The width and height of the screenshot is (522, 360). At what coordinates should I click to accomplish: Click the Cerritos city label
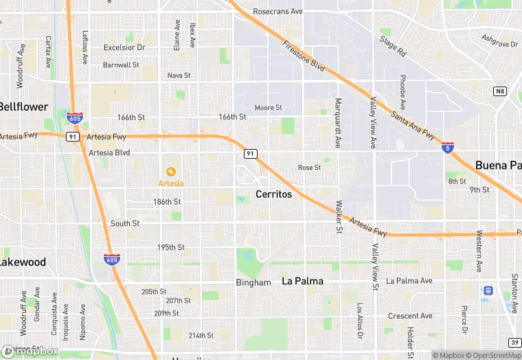(273, 194)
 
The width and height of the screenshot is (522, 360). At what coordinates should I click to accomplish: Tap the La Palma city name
(303, 281)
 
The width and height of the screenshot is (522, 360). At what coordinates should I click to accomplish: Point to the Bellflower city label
(24, 106)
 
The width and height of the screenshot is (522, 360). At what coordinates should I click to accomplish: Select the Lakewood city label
(23, 262)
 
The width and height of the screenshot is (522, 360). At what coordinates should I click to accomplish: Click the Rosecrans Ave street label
(277, 12)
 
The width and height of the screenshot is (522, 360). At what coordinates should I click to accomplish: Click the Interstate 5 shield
(447, 148)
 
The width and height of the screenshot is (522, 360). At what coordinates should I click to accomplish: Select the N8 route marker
(499, 91)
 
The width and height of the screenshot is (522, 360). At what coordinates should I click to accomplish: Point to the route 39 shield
(514, 342)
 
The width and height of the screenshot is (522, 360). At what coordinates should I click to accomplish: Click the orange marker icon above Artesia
(170, 171)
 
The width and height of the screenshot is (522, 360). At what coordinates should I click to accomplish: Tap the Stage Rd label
(394, 47)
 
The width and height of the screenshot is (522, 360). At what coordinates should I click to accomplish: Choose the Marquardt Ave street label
(337, 123)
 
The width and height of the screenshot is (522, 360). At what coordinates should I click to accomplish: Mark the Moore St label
(268, 108)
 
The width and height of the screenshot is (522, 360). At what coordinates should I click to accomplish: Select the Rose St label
(309, 168)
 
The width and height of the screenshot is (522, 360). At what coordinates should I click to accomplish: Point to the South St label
(125, 223)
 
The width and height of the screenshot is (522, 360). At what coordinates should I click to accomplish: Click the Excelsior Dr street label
(124, 47)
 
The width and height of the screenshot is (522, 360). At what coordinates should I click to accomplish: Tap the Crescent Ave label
(410, 316)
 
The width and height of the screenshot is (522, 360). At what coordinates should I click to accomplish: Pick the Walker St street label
(339, 216)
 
